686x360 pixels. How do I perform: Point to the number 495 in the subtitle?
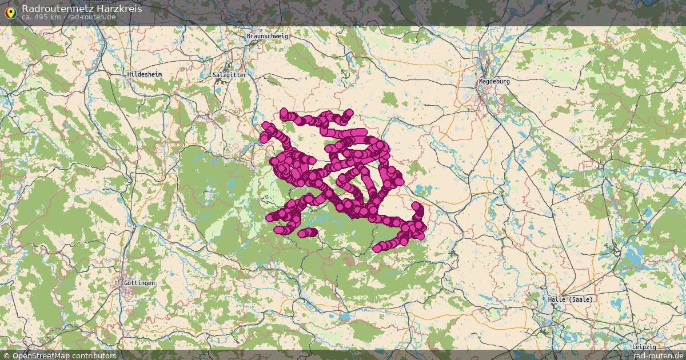click(x=41, y=17)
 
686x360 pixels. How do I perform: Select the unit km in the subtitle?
click(x=55, y=17)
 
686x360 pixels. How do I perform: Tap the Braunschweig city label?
click(x=268, y=36)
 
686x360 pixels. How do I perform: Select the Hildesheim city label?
click(x=145, y=74)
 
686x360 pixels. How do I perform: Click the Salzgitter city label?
click(x=229, y=75)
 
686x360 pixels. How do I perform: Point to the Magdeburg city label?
click(x=494, y=81)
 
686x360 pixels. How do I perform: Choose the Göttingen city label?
click(x=139, y=283)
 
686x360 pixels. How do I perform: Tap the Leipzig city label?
click(x=644, y=347)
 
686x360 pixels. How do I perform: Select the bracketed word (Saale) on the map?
click(x=581, y=299)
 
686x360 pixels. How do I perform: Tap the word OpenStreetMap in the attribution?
click(x=39, y=355)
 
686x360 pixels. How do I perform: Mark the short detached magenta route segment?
click(x=308, y=232)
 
